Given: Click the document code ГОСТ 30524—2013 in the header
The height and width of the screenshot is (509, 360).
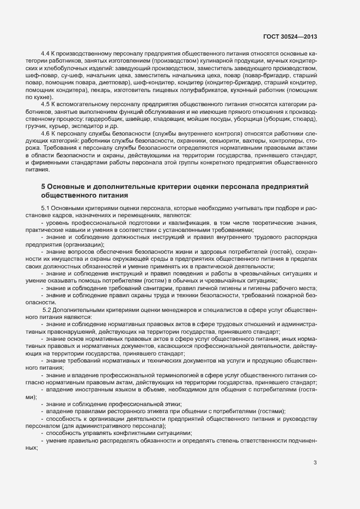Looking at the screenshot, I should point(286,36).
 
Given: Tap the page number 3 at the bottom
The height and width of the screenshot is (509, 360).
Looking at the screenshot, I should point(315,463).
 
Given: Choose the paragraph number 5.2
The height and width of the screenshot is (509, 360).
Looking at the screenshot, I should point(47,309).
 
